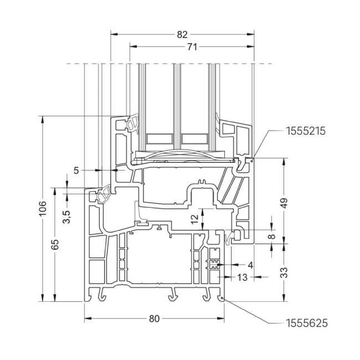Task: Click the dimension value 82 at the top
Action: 182,34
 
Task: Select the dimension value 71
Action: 192,47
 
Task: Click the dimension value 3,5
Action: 66,217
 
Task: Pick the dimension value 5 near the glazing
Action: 78,170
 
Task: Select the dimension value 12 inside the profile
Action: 194,219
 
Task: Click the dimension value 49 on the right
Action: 285,204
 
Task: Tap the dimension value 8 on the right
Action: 271,235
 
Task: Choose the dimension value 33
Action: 285,272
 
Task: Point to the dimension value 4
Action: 250,265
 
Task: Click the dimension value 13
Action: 243,277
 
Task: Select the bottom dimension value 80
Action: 154,319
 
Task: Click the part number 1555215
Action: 305,131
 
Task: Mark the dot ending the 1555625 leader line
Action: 222,299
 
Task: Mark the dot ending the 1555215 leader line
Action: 253,158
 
